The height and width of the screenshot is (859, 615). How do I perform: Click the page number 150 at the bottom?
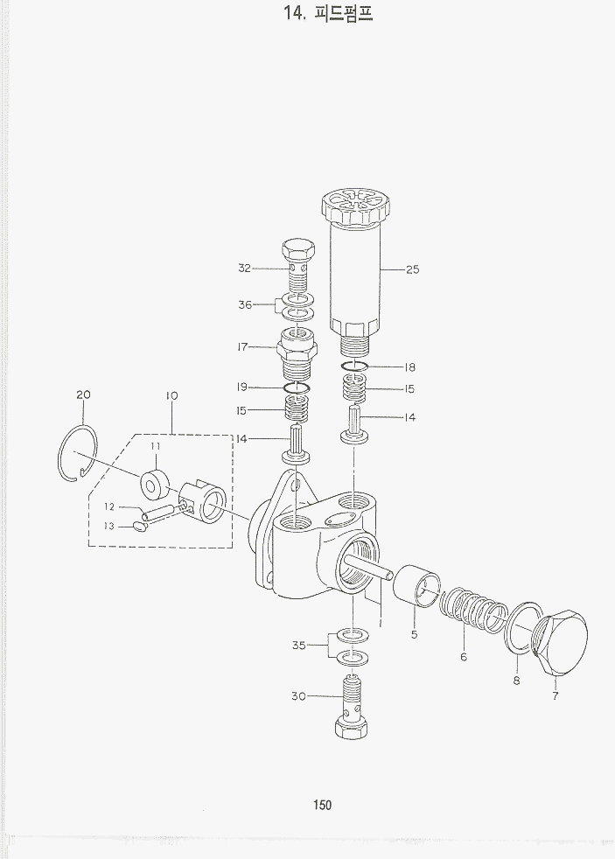click(x=322, y=805)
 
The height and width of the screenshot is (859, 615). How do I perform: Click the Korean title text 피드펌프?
click(x=344, y=12)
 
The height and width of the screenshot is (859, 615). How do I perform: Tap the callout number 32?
click(x=244, y=268)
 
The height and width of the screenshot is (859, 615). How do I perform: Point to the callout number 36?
click(x=245, y=304)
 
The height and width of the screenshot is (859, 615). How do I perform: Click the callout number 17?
click(x=242, y=346)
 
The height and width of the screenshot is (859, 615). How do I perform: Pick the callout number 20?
click(x=84, y=395)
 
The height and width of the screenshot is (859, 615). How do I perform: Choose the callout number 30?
click(x=298, y=696)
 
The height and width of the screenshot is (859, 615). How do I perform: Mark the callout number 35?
click(x=298, y=646)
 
